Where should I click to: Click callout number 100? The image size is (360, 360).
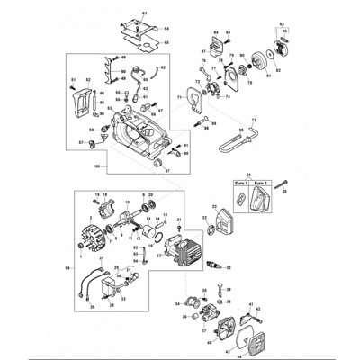pyautogui.click(x=97, y=168)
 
